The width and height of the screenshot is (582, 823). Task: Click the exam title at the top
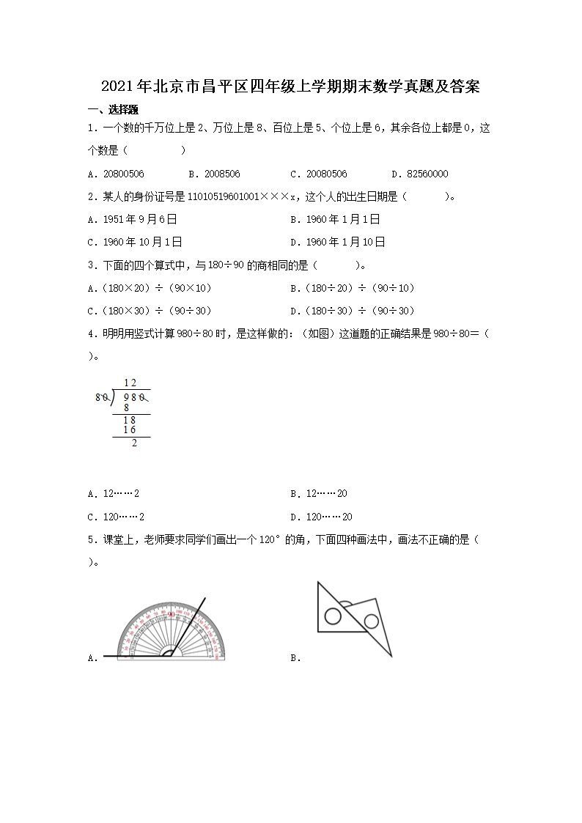click(x=290, y=86)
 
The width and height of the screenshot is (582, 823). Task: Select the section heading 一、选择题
click(x=113, y=110)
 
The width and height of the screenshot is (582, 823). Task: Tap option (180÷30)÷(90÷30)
click(x=357, y=311)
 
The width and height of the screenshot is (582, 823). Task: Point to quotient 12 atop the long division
click(x=130, y=383)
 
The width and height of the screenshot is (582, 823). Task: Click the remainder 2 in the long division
click(x=133, y=443)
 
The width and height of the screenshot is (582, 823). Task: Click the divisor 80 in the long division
click(x=102, y=398)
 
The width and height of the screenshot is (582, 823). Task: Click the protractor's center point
click(x=170, y=655)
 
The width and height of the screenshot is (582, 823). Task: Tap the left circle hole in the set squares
click(x=333, y=616)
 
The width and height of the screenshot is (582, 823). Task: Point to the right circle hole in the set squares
click(x=371, y=621)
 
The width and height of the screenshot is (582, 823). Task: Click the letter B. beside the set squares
click(x=295, y=658)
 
